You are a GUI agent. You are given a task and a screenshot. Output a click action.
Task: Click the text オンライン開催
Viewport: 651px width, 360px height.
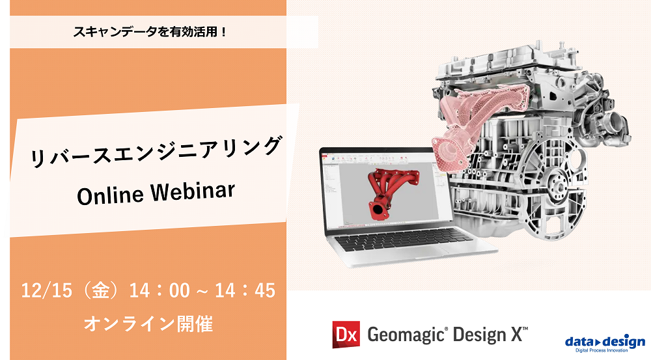(x=148, y=323)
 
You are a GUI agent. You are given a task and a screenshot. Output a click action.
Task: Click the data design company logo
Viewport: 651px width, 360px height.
(x=605, y=342)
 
